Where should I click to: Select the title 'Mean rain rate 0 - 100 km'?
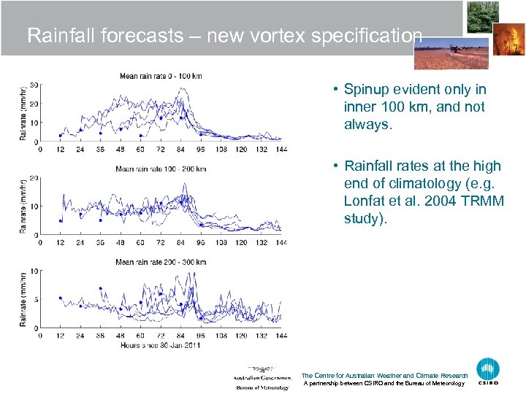[x=161, y=76]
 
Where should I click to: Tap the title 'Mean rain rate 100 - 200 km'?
[x=161, y=169]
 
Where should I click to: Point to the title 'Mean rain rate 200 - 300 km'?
[x=161, y=262]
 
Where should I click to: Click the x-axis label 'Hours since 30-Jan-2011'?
[x=161, y=344]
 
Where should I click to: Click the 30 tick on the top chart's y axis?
[x=34, y=85]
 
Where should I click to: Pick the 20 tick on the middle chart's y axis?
[x=34, y=178]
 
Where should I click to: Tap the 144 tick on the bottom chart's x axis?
[x=281, y=336]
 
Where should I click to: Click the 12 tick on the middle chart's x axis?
[x=60, y=242]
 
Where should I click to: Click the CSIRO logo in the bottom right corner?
[x=488, y=371]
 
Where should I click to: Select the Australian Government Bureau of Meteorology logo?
[x=262, y=376]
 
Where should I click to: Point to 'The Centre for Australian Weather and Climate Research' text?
[x=384, y=376]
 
